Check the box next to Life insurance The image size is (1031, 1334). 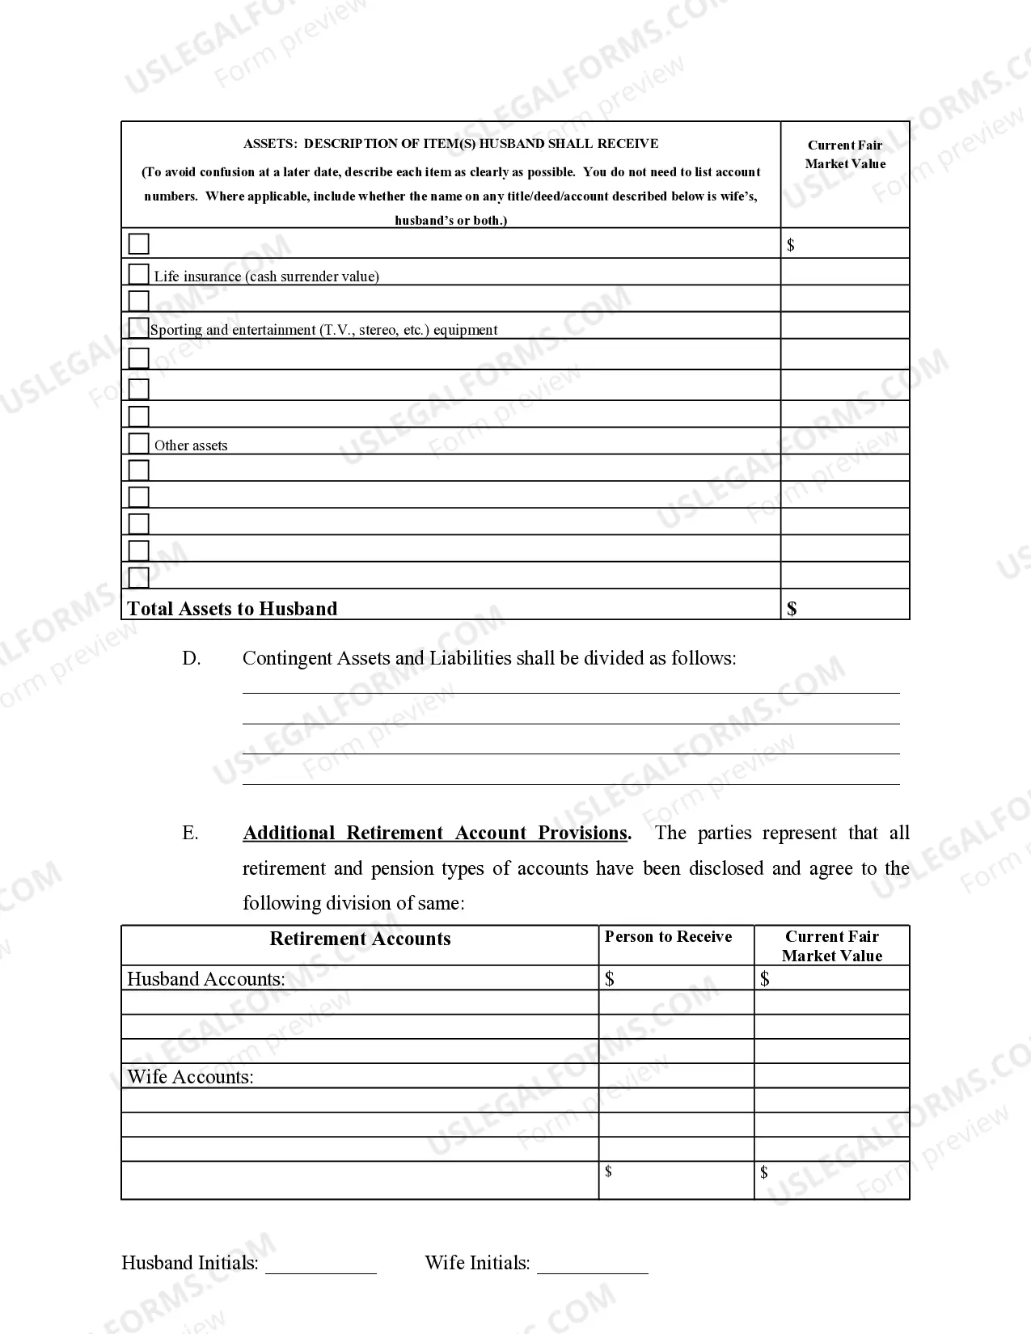139,273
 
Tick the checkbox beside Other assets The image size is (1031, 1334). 139,443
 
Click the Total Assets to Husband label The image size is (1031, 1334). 232,609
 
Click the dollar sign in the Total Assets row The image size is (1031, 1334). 792,609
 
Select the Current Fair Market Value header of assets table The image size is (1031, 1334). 845,154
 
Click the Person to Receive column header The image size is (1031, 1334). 668,937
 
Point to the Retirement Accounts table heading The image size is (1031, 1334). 360,939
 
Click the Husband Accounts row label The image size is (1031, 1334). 206,979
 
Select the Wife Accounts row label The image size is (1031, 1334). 191,1077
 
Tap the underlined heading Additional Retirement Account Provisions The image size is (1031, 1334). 436,834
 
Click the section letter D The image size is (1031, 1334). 191,659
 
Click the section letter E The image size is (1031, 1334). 190,834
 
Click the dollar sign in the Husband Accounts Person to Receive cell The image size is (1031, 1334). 610,979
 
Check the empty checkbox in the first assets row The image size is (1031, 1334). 139,243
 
